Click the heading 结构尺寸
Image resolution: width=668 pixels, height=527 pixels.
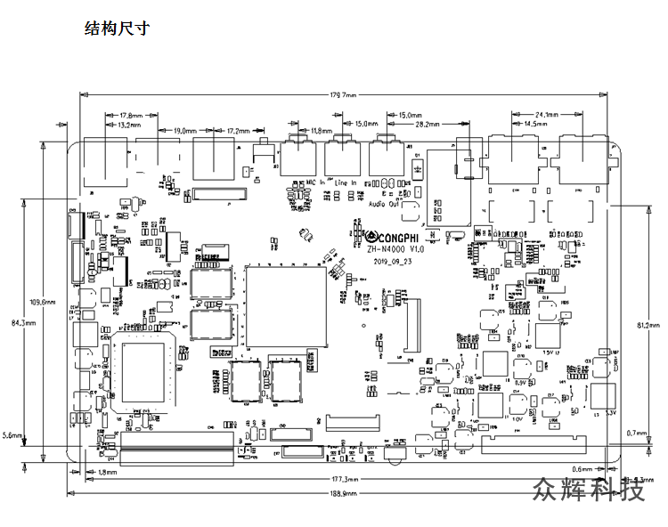(116, 28)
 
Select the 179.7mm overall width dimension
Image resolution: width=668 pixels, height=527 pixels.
(344, 94)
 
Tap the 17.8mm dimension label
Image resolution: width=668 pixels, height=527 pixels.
(131, 116)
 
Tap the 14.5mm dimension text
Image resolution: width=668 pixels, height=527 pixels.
(536, 124)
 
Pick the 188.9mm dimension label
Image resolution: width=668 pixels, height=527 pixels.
(344, 492)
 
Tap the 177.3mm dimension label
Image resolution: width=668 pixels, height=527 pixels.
(344, 482)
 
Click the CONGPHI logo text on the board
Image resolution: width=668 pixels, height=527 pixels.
(395, 238)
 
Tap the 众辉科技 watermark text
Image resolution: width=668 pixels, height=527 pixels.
(589, 490)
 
